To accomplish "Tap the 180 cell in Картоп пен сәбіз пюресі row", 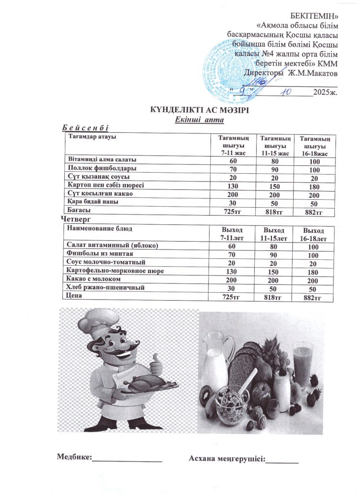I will pos(313,186).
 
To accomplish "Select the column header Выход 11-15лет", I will pos(273,234).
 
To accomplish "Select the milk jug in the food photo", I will pos(217,354).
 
